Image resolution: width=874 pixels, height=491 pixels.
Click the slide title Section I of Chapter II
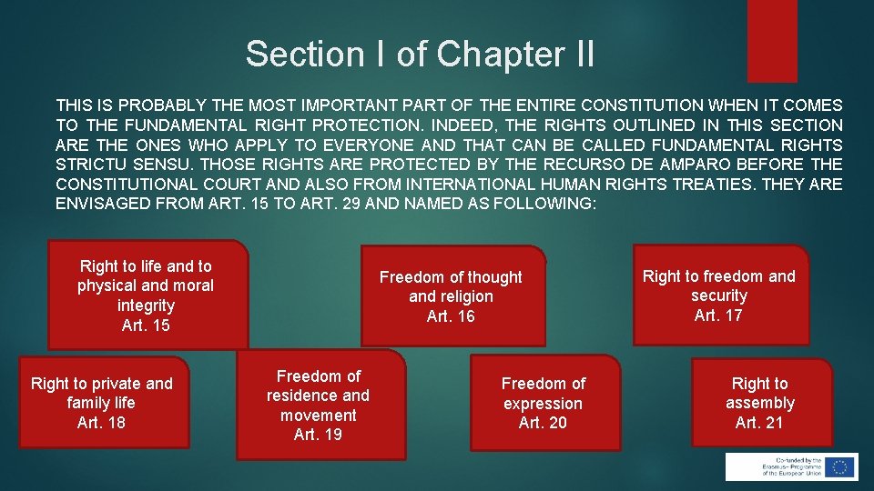pyautogui.click(x=420, y=55)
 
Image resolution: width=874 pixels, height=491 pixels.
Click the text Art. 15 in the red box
pyautogui.click(x=146, y=326)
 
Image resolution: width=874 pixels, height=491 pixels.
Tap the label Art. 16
pyautogui.click(x=451, y=316)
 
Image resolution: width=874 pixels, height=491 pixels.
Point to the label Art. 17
pyautogui.click(x=718, y=316)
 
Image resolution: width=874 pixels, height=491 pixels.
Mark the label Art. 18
pyautogui.click(x=101, y=423)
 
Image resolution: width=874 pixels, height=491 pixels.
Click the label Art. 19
pyautogui.click(x=318, y=435)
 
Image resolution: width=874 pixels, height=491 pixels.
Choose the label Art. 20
pyautogui.click(x=543, y=423)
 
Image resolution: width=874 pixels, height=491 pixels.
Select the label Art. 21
pyautogui.click(x=759, y=423)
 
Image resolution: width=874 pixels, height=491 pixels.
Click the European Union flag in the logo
pyautogui.click(x=838, y=466)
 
